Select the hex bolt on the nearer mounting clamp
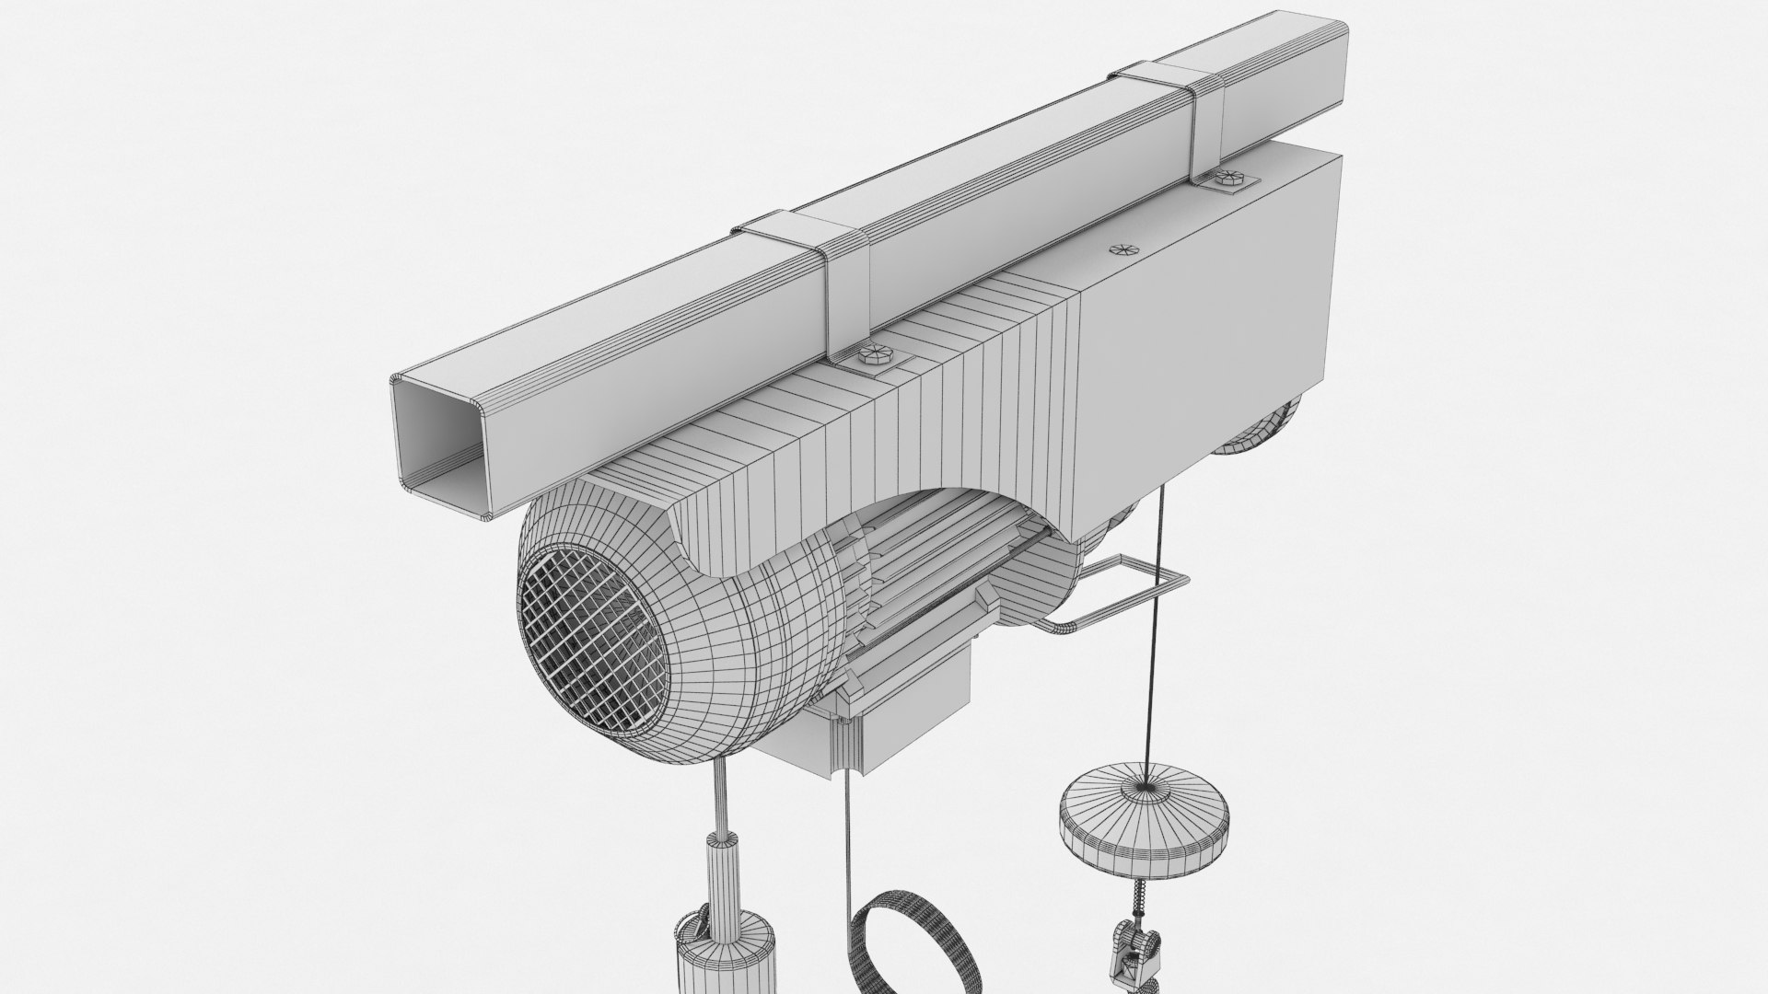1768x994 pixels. click(869, 355)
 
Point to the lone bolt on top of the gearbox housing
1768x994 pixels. click(1121, 249)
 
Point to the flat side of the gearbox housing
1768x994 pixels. click(1206, 322)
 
